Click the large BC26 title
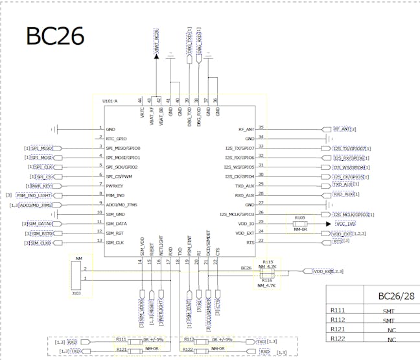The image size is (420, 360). coord(55,36)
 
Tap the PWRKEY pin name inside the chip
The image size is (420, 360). coord(117,185)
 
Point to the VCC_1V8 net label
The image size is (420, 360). coord(345,223)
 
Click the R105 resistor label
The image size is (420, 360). coord(299,218)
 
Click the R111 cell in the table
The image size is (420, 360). coord(338,311)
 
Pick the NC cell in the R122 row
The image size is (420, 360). coord(391,339)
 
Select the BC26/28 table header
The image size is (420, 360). coord(395,296)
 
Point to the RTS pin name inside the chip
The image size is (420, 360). coord(250,241)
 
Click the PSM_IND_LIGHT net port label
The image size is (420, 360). coord(33,195)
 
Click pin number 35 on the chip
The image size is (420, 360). coord(261,128)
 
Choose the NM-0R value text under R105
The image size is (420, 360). coord(299,228)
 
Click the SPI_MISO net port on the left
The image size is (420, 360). coord(42,148)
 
